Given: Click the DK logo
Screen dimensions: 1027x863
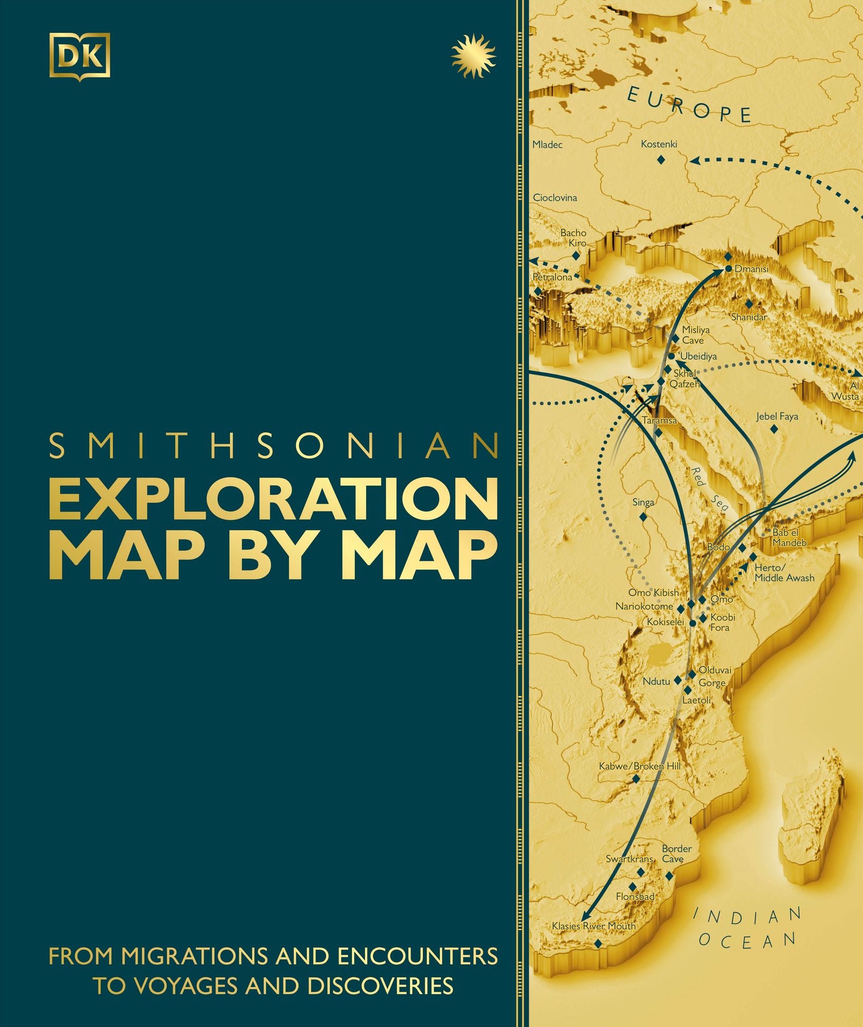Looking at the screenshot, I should click(80, 55).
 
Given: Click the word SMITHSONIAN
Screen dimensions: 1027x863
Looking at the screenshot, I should click(274, 446).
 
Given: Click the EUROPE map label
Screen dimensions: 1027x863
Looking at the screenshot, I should click(689, 105).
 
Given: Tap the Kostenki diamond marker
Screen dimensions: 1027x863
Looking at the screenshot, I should click(661, 160).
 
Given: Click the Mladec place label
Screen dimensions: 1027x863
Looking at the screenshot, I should click(547, 145).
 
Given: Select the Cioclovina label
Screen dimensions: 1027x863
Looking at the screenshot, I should click(555, 198).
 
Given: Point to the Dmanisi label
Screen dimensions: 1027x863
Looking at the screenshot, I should click(752, 269).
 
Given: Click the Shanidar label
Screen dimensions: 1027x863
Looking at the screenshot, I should click(749, 317).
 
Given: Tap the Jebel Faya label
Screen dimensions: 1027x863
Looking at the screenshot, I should click(777, 416).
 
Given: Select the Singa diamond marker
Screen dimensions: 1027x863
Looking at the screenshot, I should click(643, 518).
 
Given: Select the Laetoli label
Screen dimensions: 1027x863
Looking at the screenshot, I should click(697, 700).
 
